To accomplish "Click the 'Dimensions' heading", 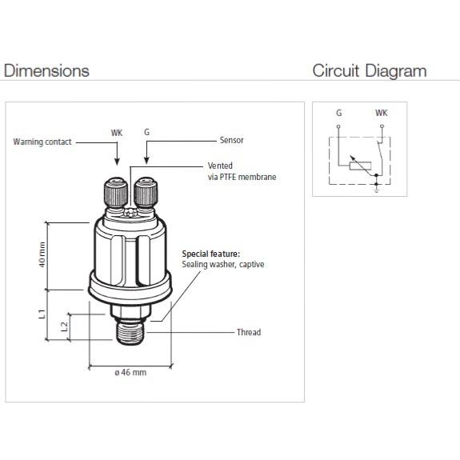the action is coord(46,70).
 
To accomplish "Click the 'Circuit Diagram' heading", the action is coord(370,71).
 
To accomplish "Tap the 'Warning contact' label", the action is coord(42,142).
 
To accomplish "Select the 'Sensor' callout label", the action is coord(231,140).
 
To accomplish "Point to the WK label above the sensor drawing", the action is coord(117,133).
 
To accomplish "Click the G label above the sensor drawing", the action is coord(146,132).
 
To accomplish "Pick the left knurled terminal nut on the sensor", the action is coord(116,193).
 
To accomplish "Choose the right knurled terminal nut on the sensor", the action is coord(146,193).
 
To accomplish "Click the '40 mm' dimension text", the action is coord(42,254).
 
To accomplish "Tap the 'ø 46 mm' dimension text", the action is coord(130,372).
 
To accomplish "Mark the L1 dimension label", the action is coord(42,314).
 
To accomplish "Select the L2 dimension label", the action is coord(64,326).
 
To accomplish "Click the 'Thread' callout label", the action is coord(249,332).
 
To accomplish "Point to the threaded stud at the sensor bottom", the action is coord(130,333).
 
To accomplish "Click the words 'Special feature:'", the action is coord(211,254).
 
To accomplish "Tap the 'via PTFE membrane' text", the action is coord(242,177).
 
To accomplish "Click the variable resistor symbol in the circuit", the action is coord(360,166).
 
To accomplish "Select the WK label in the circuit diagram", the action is coord(382,113).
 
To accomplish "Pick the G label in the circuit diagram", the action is coord(339,113).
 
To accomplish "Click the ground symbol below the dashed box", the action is coord(377,190).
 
